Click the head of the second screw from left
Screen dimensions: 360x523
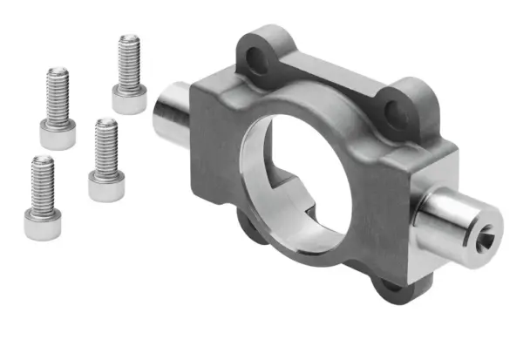click(58, 136)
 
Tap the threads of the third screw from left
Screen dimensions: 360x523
click(106, 145)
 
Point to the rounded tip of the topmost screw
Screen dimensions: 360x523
click(129, 38)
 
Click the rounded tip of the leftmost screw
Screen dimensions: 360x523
click(41, 161)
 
